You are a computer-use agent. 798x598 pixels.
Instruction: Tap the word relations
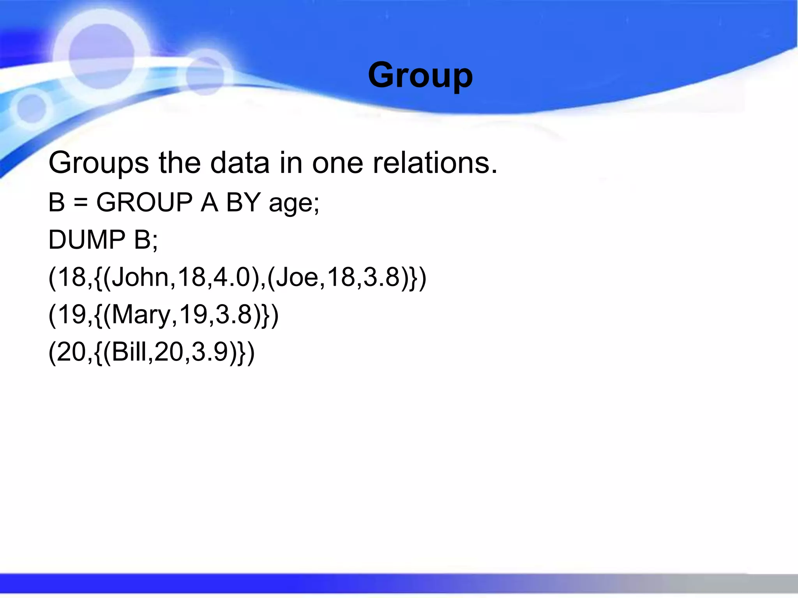pos(435,163)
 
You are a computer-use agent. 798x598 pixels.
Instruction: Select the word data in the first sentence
pos(240,163)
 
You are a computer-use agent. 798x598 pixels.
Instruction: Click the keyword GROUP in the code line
pos(144,202)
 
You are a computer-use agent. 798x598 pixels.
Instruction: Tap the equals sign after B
pos(80,203)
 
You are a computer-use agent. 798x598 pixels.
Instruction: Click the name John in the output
pos(140,277)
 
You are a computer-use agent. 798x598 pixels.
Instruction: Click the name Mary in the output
pos(141,315)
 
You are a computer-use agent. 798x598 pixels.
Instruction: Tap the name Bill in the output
pos(131,352)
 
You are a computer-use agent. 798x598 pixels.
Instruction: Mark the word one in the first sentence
pos(337,163)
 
